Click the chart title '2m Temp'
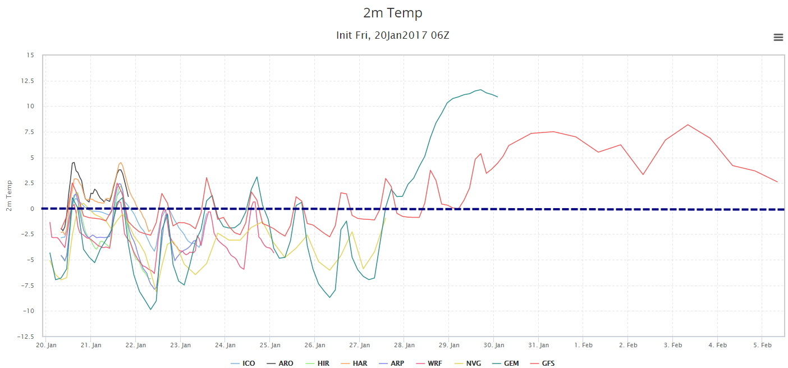[x=392, y=13]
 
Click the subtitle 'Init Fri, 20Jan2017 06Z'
[x=392, y=35]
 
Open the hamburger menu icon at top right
[x=778, y=37]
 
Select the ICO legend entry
[x=242, y=363]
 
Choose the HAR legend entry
[x=354, y=363]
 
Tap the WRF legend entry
[x=429, y=363]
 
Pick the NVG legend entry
[x=468, y=363]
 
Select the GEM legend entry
[x=505, y=363]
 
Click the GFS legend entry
[x=543, y=363]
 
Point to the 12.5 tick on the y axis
[x=28, y=81]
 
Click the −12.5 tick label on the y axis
[x=26, y=337]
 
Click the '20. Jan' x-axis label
[x=46, y=345]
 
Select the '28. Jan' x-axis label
[x=404, y=345]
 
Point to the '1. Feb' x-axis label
[x=583, y=345]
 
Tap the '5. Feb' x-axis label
[x=762, y=345]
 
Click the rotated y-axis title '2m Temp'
[x=9, y=196]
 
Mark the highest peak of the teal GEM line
[x=481, y=90]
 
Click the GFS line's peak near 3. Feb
[x=688, y=125]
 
